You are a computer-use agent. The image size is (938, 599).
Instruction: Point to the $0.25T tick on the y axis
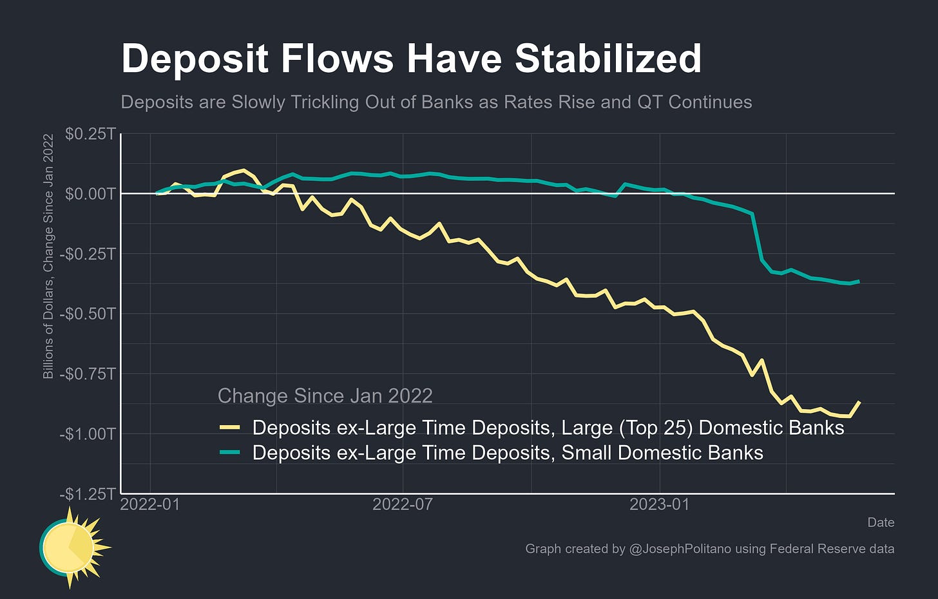pyautogui.click(x=90, y=134)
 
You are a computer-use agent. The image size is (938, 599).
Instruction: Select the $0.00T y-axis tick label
pyautogui.click(x=90, y=194)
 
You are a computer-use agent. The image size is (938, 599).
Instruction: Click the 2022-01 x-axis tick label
pyautogui.click(x=150, y=504)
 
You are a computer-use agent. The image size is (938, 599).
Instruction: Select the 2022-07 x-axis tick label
pyautogui.click(x=403, y=504)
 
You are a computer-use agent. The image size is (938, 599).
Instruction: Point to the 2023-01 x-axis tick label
pyautogui.click(x=659, y=504)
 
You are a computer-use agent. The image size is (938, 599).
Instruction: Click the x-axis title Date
pyautogui.click(x=880, y=522)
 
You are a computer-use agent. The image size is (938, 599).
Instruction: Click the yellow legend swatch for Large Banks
pyautogui.click(x=229, y=428)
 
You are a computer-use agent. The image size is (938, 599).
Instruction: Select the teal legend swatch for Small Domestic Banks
pyautogui.click(x=229, y=453)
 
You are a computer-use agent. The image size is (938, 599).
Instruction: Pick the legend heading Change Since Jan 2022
pyautogui.click(x=325, y=395)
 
